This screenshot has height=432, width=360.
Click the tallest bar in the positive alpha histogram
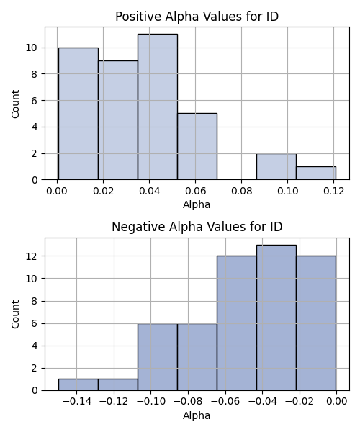click(x=158, y=107)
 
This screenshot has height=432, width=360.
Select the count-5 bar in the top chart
click(x=197, y=147)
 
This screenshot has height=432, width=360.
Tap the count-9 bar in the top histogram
click(x=118, y=120)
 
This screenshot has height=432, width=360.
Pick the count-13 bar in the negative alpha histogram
click(x=276, y=318)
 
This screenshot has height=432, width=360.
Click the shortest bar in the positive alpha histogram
click(x=316, y=173)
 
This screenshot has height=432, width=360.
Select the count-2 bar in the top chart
click(x=276, y=166)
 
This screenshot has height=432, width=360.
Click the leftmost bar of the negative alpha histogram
click(x=78, y=385)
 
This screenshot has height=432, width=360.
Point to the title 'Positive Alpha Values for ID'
click(x=197, y=17)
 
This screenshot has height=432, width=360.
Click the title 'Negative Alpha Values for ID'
click(x=197, y=227)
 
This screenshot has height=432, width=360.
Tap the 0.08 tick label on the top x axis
click(x=242, y=191)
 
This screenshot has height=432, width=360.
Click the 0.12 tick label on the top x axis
click(x=333, y=191)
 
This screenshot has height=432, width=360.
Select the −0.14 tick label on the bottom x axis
click(x=77, y=402)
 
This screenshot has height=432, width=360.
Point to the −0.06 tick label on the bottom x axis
click(x=225, y=402)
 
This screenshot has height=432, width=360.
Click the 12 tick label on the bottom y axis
click(x=32, y=256)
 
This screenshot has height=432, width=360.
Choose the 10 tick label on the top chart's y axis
click(x=32, y=48)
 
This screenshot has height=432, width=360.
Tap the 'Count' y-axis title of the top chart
click(x=15, y=104)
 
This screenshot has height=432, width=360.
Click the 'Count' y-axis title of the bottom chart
click(x=15, y=315)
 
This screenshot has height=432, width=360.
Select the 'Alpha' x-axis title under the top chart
click(x=197, y=204)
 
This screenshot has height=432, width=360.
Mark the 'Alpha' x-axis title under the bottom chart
click(x=197, y=415)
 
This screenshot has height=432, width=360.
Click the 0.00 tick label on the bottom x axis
click(x=336, y=402)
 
